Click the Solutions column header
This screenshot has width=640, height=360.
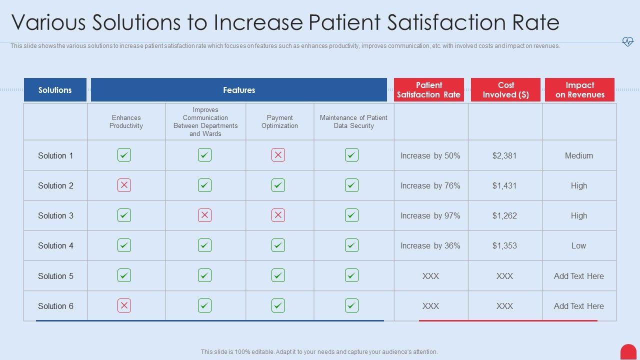point(55,90)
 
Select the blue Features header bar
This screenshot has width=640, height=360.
point(239,90)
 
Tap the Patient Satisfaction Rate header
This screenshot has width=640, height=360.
point(428,90)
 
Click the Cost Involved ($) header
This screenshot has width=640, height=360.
point(505,90)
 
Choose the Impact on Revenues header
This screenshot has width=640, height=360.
point(579,90)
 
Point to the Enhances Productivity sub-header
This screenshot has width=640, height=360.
point(126,122)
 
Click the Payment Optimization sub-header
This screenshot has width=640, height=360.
point(279,122)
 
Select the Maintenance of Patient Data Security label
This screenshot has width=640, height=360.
point(353,122)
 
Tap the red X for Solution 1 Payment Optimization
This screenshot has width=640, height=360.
point(278,155)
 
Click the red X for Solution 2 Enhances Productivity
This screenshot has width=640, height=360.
point(124,185)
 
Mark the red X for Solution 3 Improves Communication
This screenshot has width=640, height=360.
point(204,215)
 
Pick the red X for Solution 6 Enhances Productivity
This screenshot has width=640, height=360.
point(124,305)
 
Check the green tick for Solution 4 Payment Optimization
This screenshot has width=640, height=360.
point(278,245)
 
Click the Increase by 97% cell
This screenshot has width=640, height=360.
point(430,216)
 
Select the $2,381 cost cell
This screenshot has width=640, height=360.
point(504,156)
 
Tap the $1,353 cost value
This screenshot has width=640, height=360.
point(504,246)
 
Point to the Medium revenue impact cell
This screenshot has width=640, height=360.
point(579,156)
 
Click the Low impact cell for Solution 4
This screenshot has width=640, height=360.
point(579,246)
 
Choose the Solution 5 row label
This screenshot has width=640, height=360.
point(55,276)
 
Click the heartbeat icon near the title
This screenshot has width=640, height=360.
point(627,42)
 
